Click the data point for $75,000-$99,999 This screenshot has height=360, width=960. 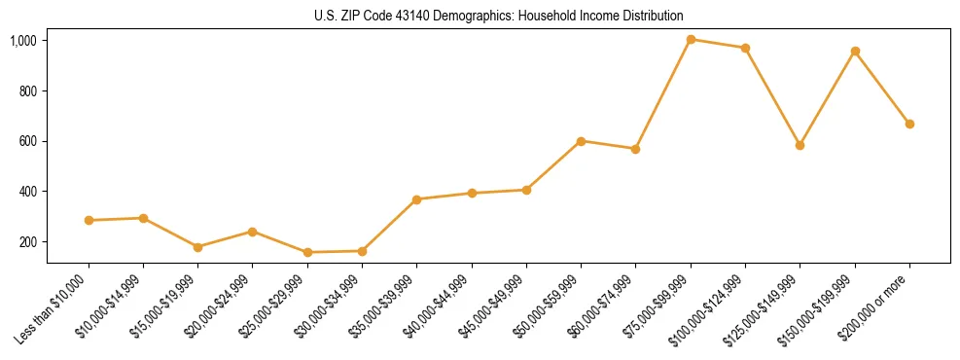pos(691,40)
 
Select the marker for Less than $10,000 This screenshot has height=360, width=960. pos(89,220)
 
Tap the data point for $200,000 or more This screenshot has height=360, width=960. pos(909,124)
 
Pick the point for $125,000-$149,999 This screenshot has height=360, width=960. pos(800,145)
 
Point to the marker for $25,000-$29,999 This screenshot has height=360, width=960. pos(307,252)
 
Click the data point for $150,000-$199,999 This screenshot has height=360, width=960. pos(855,51)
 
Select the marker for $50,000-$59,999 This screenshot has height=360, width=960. pos(581,141)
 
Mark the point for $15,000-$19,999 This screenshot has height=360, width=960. pos(197,247)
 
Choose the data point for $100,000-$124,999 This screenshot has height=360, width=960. pos(745,48)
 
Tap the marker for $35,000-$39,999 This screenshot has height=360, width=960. pos(416,199)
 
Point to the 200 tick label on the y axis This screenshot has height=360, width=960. pos(27,241)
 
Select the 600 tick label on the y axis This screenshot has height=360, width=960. pos(27,141)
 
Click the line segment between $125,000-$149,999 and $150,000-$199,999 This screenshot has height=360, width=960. pos(827,98)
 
